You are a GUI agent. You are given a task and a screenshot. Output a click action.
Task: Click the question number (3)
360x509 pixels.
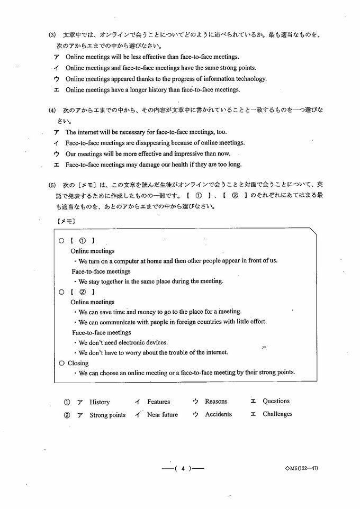tap(52, 35)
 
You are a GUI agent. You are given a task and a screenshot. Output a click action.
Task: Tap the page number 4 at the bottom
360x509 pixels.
tap(182, 468)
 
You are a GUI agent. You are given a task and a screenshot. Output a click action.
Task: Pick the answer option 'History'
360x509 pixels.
tap(100, 402)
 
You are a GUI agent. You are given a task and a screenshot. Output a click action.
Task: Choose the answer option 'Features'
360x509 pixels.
tap(158, 402)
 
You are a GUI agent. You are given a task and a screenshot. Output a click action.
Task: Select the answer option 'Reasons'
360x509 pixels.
tap(216, 402)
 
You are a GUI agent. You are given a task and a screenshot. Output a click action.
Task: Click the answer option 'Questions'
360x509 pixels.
tap(276, 402)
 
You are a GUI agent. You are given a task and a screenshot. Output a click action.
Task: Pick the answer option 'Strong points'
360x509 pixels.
tap(107, 415)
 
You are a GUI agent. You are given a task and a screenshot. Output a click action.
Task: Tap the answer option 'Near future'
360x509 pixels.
tap(163, 415)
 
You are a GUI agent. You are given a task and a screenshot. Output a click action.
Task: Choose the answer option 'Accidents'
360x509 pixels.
tap(218, 414)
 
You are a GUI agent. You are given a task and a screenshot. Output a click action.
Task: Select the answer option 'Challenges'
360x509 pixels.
tap(277, 414)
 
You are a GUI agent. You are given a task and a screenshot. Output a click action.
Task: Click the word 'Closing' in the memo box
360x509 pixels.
tap(78, 363)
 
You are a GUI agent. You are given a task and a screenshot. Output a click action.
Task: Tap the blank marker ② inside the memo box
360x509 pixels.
tap(82, 292)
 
